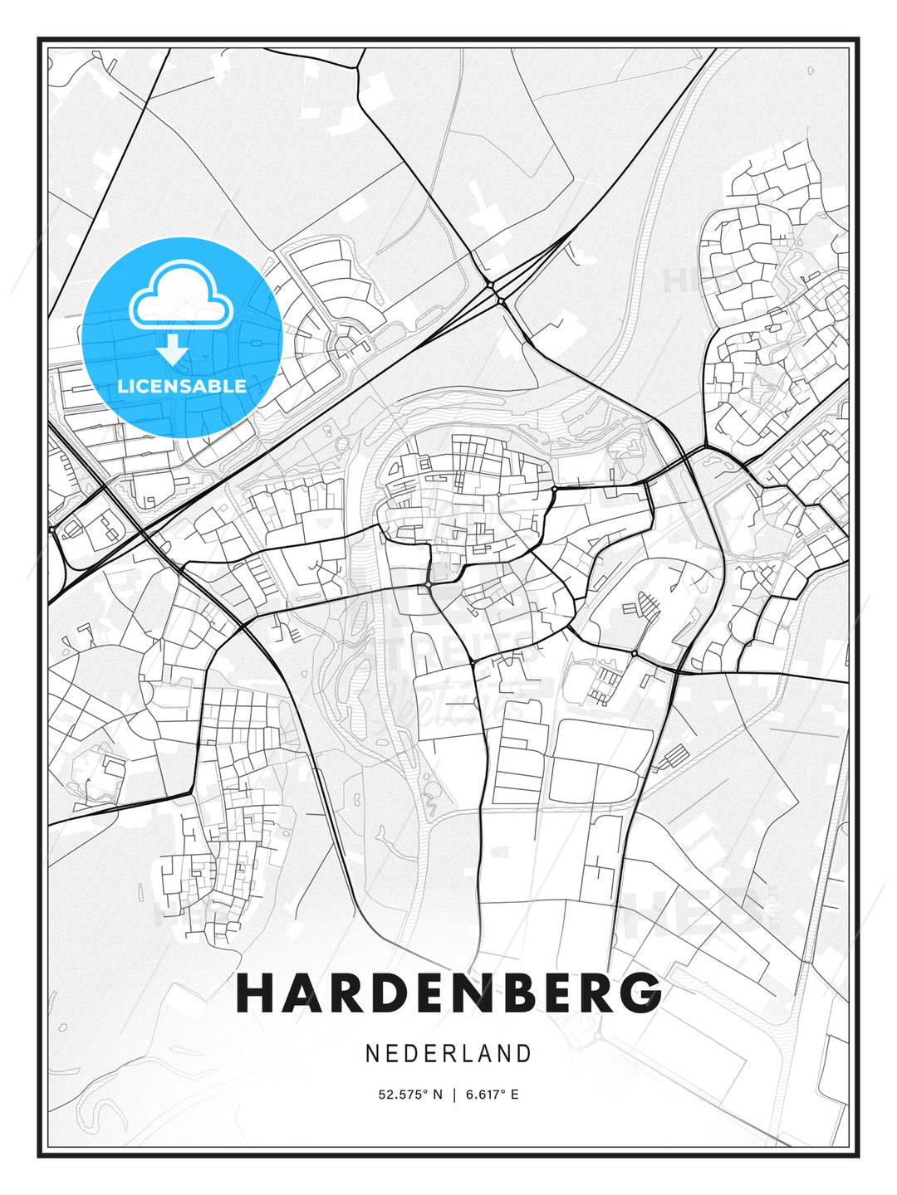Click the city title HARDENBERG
(448, 993)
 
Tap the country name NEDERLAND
(448, 1053)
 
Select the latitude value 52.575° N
(410, 1095)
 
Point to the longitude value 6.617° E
(492, 1095)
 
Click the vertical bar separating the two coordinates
(453, 1095)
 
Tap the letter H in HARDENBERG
(256, 993)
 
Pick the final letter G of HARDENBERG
(640, 993)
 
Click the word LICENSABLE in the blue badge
(182, 386)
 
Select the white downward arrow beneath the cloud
(173, 349)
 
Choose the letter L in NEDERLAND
(468, 1053)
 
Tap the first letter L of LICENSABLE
(123, 386)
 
